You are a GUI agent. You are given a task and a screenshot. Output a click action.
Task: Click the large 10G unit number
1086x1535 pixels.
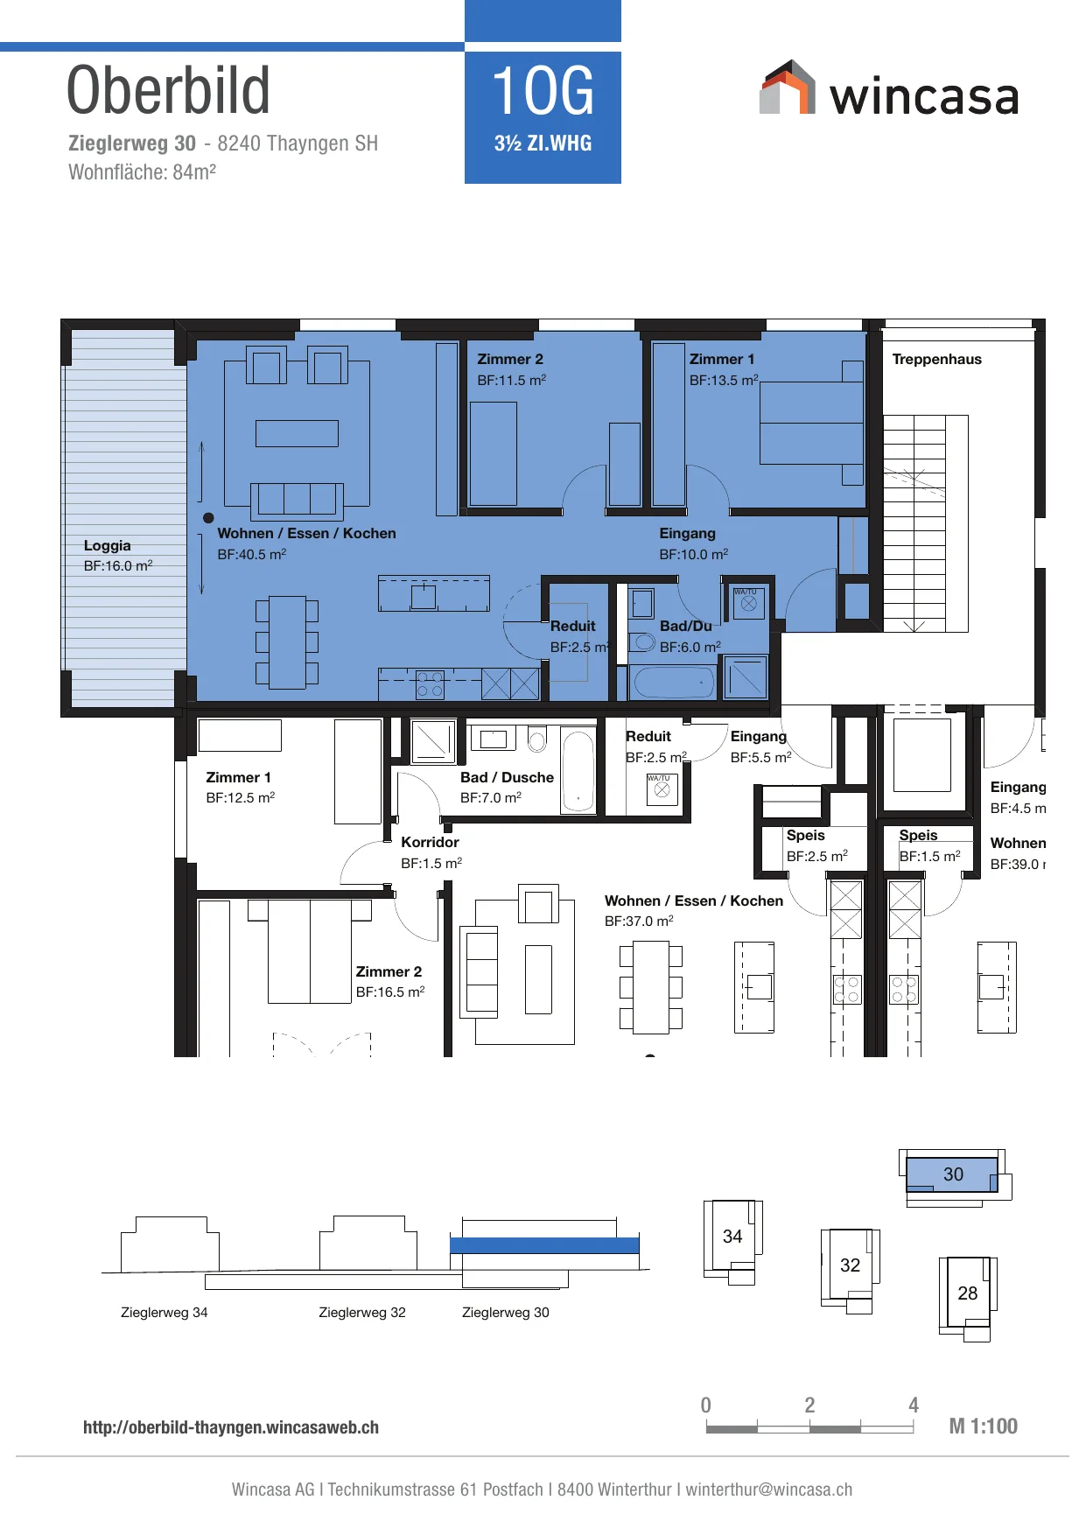point(543,91)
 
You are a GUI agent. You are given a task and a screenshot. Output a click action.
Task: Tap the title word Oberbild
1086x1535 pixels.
point(169,90)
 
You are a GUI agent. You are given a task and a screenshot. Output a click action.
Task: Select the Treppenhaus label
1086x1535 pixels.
point(936,360)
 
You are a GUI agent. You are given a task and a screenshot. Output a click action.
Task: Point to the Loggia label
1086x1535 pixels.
point(108,545)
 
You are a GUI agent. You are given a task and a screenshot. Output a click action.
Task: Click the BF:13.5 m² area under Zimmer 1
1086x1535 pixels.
point(724,380)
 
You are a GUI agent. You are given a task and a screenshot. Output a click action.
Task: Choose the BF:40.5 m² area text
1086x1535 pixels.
point(252,554)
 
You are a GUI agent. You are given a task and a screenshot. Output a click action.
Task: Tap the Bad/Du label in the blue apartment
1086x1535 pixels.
point(686,626)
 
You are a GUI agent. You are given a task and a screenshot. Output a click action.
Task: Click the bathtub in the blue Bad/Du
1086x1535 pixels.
point(674,683)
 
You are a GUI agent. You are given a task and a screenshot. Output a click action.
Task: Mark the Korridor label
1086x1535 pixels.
point(430,842)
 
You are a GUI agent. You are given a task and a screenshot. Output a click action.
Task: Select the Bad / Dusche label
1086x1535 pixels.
point(507,777)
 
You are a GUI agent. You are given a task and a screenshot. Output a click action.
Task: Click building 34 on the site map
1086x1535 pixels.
point(732,1237)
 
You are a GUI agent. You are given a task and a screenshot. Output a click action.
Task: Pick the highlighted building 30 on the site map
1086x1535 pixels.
point(953,1174)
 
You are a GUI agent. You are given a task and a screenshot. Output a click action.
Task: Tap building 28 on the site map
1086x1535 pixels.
point(967,1293)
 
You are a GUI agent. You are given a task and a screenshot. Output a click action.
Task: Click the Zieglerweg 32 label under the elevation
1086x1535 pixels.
point(362,1313)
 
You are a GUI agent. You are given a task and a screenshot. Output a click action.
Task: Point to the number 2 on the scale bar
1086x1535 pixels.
point(809,1405)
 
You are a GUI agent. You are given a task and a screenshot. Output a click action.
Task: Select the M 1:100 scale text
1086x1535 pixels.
point(984,1426)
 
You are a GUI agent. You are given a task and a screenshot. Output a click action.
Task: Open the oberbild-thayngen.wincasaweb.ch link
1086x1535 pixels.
point(231,1427)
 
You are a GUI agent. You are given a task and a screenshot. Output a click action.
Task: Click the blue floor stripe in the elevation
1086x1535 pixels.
point(544,1245)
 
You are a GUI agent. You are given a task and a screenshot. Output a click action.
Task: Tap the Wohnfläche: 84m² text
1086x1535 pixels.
point(143,172)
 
